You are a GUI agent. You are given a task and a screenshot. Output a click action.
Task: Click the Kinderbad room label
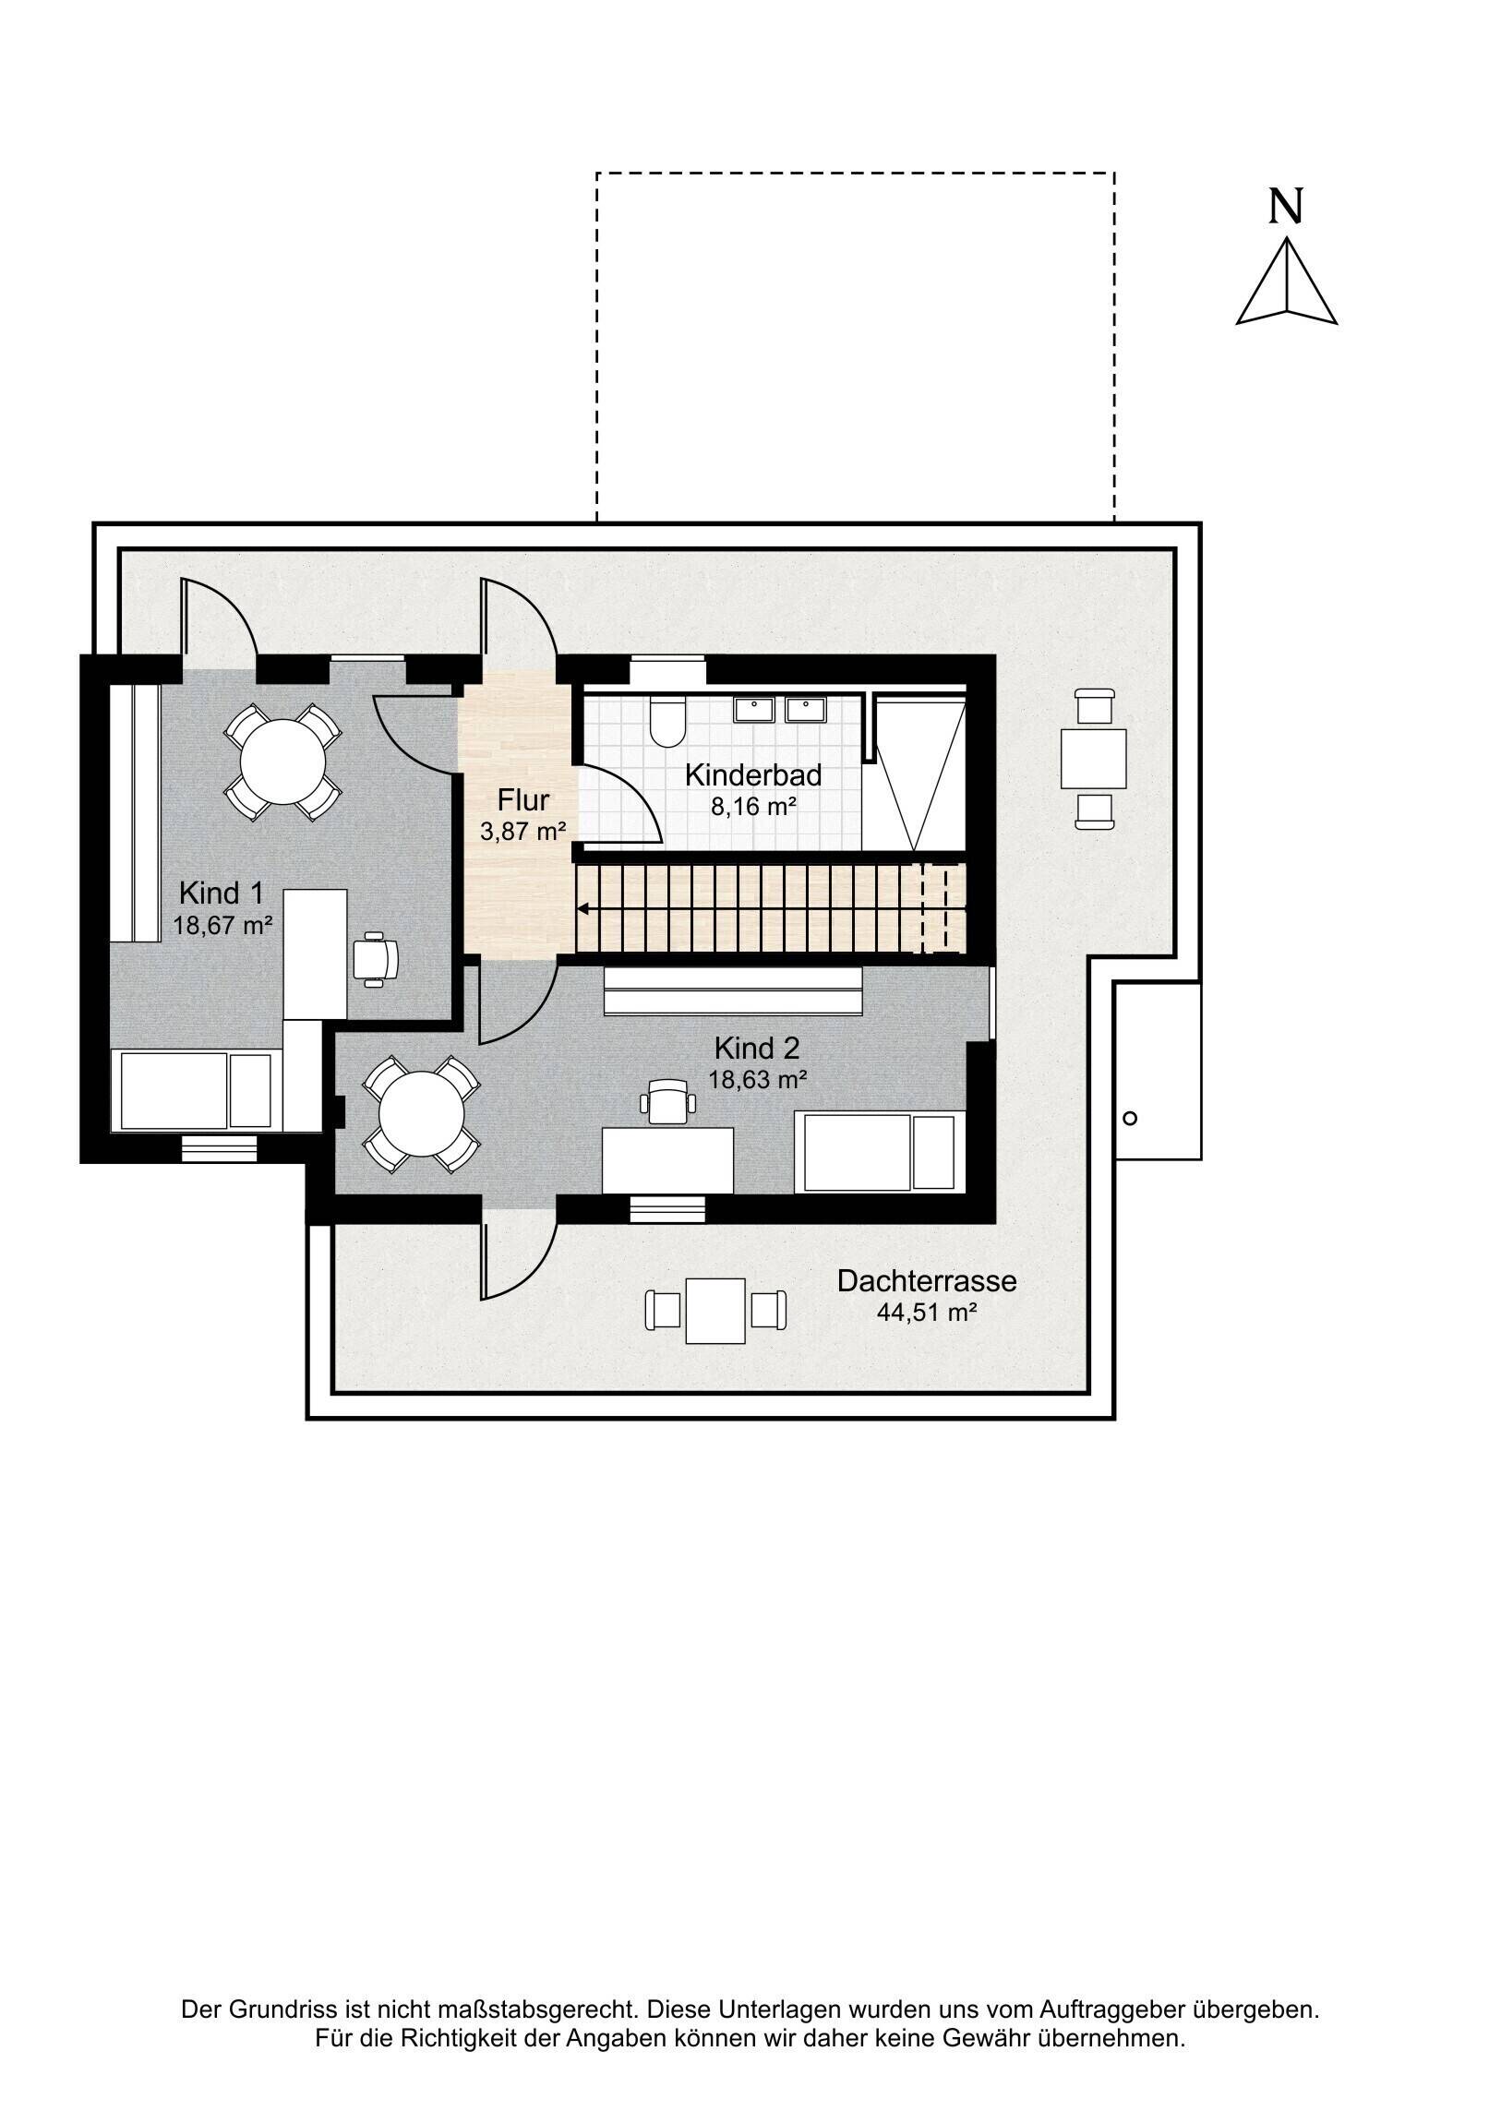pos(753,774)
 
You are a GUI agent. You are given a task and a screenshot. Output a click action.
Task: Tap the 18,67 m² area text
pos(222,925)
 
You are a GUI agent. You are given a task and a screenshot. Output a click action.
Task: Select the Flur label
pos(523,800)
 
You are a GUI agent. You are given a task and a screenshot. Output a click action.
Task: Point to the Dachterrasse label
pos(927,1280)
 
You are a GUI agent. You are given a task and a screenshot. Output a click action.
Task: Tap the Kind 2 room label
pos(757,1049)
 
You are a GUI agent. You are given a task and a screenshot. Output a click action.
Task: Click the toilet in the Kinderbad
pos(666,722)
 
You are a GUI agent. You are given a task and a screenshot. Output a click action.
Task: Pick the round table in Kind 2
pos(422,1113)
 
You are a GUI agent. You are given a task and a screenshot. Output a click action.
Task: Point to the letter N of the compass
pos(1286,207)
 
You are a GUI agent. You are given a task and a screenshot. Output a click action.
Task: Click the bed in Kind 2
pos(880,1152)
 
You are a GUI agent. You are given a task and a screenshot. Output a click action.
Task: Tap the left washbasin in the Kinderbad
pos(755,709)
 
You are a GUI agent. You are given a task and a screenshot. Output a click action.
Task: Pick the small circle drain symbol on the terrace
pos(1129,1118)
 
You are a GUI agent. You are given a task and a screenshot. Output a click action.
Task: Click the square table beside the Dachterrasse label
pos(714,1310)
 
